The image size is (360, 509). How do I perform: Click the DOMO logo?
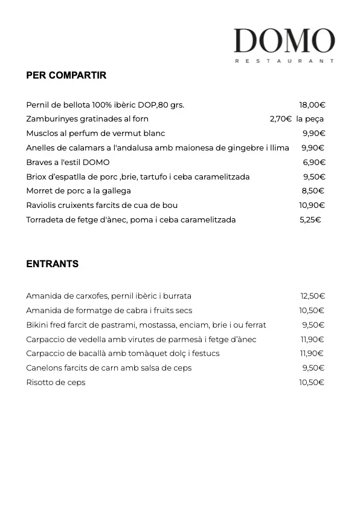pyautogui.click(x=284, y=41)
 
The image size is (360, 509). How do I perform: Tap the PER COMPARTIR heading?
pyautogui.click(x=66, y=76)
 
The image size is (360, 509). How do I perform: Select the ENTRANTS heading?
pyautogui.click(x=52, y=264)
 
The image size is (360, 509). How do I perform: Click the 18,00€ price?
pyautogui.click(x=312, y=105)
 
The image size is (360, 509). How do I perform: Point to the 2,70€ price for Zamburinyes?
pyautogui.click(x=281, y=119)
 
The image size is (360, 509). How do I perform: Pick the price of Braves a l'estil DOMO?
pyautogui.click(x=314, y=163)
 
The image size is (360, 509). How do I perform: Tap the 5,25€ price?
pyautogui.click(x=310, y=220)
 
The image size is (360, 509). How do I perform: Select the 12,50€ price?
pyautogui.click(x=312, y=296)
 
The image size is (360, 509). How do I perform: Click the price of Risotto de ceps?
pyautogui.click(x=312, y=383)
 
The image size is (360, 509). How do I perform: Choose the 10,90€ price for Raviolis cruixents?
pyautogui.click(x=312, y=206)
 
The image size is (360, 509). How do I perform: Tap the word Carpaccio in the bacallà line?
pyautogui.click(x=45, y=354)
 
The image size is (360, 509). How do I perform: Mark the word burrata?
pyautogui.click(x=178, y=296)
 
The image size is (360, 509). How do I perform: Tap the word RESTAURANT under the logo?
pyautogui.click(x=284, y=61)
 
